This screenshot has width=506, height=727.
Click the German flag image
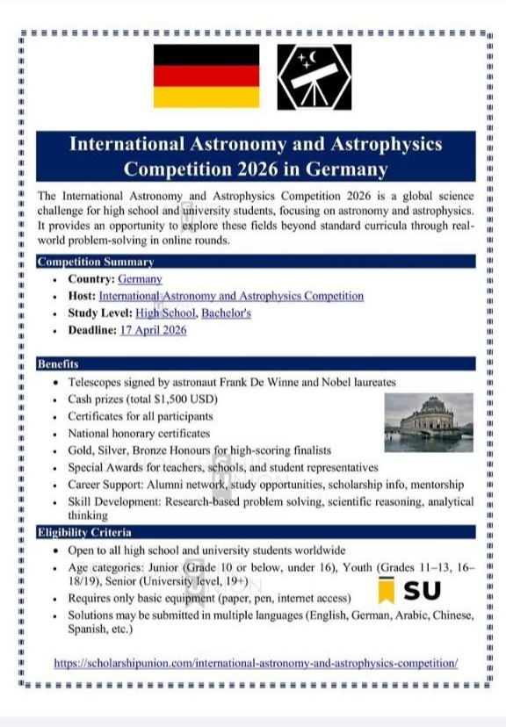pyautogui.click(x=206, y=76)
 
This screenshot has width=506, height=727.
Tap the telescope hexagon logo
pyautogui.click(x=314, y=76)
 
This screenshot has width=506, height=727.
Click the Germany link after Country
pyautogui.click(x=140, y=279)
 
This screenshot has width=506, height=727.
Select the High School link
pyautogui.click(x=164, y=313)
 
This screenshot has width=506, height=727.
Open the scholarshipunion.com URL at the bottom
pyautogui.click(x=256, y=663)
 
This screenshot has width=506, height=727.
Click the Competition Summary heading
pyautogui.click(x=96, y=262)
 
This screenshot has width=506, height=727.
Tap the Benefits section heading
pyautogui.click(x=58, y=364)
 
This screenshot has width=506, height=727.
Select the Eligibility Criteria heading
pyautogui.click(x=84, y=532)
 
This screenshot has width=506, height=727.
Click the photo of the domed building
pyautogui.click(x=428, y=422)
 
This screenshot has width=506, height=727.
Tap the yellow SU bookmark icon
pyautogui.click(x=386, y=591)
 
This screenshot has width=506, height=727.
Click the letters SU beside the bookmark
pyautogui.click(x=422, y=590)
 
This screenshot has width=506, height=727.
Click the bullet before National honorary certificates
pyautogui.click(x=56, y=434)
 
